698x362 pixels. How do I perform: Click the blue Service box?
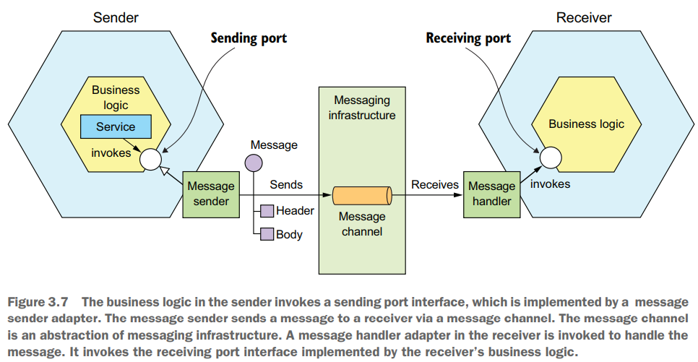click(116, 127)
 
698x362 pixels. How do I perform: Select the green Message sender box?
click(211, 194)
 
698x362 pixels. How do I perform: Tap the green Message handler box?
click(491, 194)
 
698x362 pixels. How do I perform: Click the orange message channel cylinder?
click(362, 195)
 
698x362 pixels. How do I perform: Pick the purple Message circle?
click(254, 163)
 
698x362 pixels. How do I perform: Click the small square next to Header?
click(267, 211)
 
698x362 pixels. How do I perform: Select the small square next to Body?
click(267, 234)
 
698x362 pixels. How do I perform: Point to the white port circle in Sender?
click(150, 157)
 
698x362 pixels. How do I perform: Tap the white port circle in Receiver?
click(550, 157)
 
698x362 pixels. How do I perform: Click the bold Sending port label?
click(249, 38)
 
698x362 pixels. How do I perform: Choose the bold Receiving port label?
click(468, 38)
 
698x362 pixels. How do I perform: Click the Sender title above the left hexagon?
click(115, 18)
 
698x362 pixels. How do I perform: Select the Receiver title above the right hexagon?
click(584, 18)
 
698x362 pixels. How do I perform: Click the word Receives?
click(435, 185)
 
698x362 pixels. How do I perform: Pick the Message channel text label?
click(362, 224)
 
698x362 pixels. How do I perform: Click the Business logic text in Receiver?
click(586, 124)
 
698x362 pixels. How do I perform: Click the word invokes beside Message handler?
click(550, 184)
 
